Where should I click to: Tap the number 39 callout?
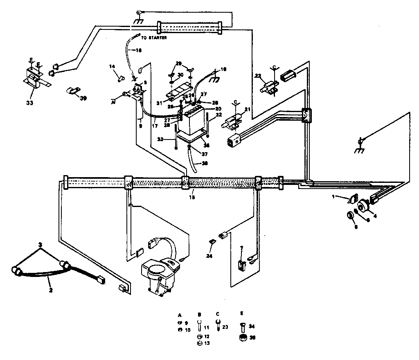click(83, 99)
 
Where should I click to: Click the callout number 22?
click(257, 76)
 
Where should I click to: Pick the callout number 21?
click(247, 109)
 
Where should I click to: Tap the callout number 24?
click(210, 256)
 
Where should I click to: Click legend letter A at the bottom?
click(180, 315)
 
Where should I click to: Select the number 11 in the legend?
click(206, 328)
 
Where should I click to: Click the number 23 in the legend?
click(225, 328)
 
